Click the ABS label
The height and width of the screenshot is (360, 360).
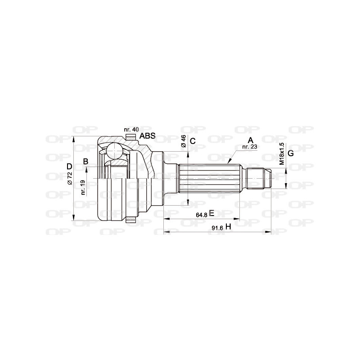coord(148,136)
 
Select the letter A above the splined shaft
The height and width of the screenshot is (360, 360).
coord(251,140)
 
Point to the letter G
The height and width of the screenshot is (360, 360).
coord(290,153)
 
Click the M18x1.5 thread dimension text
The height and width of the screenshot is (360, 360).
coord(282,154)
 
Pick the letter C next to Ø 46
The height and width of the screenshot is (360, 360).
coord(193,141)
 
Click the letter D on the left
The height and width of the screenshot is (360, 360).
coord(69,167)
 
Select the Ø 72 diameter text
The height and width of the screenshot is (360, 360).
coord(70,180)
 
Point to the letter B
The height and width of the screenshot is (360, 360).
coord(85,162)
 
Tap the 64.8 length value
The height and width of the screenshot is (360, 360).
coord(201,215)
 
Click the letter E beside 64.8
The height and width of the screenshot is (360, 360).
coord(211,214)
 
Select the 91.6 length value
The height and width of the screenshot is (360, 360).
coord(217,228)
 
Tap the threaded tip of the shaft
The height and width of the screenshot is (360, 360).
coord(261,179)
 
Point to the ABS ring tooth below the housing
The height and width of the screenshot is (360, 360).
coord(130,220)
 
